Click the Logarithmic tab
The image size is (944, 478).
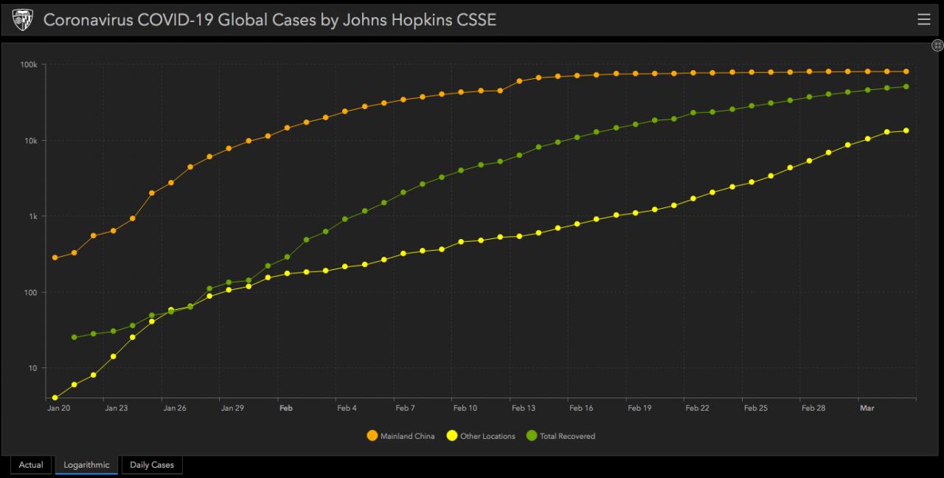[x=86, y=465]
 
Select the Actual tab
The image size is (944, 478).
[x=31, y=465]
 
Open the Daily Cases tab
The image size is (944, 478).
[x=151, y=465]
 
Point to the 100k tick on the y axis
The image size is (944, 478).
[x=29, y=65]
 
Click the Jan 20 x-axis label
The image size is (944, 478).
[x=58, y=408]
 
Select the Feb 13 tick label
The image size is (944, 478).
[x=523, y=408]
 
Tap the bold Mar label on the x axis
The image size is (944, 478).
[x=867, y=408]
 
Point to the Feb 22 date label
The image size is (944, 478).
[x=697, y=408]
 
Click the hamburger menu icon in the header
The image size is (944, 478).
[x=923, y=19]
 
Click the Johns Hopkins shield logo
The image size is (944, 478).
[x=22, y=20]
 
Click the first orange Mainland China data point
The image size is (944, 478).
[x=55, y=257]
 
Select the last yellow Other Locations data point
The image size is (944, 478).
[x=906, y=131]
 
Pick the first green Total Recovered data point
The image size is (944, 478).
[x=74, y=337]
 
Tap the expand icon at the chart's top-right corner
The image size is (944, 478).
[x=938, y=46]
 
